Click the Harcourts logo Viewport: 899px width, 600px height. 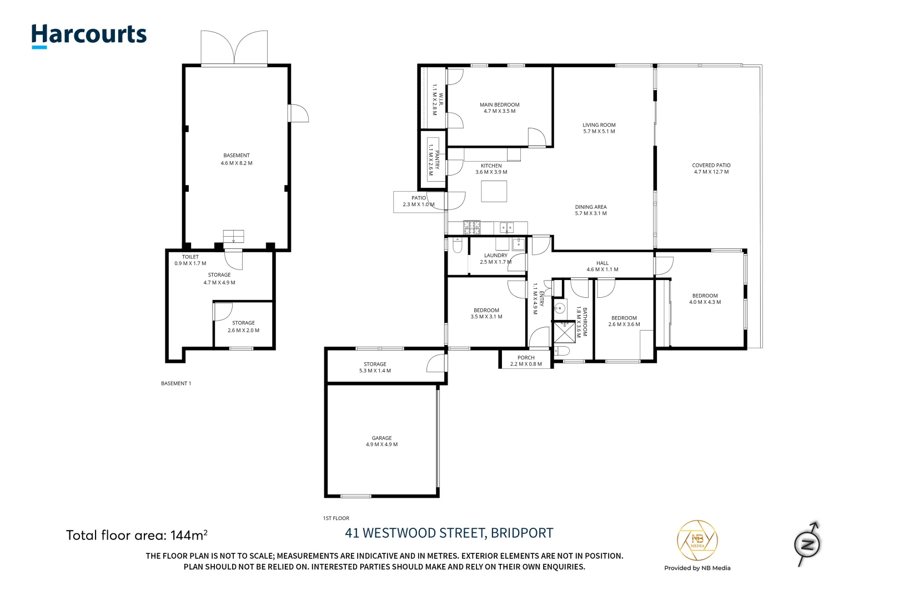89,36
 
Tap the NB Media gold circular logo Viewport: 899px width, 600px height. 697,541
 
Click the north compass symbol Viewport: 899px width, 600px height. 807,544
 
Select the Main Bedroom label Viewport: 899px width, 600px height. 499,108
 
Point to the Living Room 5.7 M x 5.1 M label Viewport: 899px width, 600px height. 599,128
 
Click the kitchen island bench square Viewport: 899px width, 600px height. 494,191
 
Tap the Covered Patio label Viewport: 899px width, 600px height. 711,168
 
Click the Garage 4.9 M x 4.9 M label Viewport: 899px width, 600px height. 381,441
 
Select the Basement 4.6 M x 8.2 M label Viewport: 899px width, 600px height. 237,159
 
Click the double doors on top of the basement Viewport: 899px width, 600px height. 234,48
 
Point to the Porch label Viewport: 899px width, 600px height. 526,361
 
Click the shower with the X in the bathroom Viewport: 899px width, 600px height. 565,332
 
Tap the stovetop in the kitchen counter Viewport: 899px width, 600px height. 472,227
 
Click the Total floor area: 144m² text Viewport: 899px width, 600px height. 137,536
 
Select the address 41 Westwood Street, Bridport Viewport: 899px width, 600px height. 449,533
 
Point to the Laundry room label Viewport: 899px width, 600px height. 495,258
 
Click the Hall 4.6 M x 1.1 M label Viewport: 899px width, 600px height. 602,266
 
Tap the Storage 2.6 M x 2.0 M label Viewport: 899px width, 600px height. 243,326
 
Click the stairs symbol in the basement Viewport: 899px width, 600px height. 233,236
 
